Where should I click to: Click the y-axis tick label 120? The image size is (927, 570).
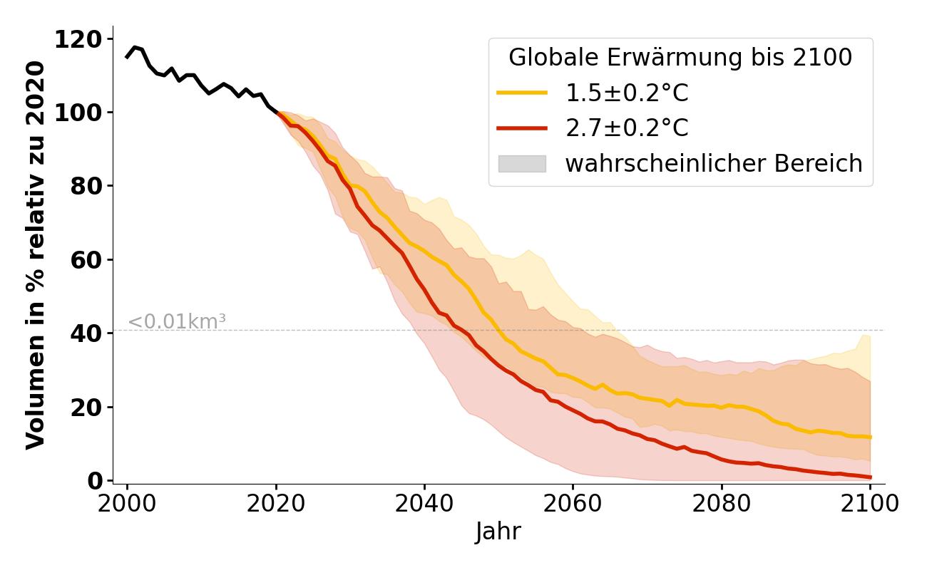tap(79, 39)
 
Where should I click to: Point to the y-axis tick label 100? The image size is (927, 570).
tap(79, 113)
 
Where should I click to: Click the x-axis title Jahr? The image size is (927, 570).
tap(498, 532)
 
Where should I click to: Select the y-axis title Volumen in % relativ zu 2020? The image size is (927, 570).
tap(36, 255)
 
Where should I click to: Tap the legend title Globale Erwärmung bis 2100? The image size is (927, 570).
tap(680, 58)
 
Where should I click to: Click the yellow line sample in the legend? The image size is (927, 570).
tap(522, 93)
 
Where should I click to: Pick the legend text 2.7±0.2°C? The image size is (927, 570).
tap(627, 128)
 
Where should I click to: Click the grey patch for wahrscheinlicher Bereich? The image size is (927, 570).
tap(522, 164)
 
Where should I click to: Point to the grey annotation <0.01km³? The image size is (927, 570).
tap(177, 322)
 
